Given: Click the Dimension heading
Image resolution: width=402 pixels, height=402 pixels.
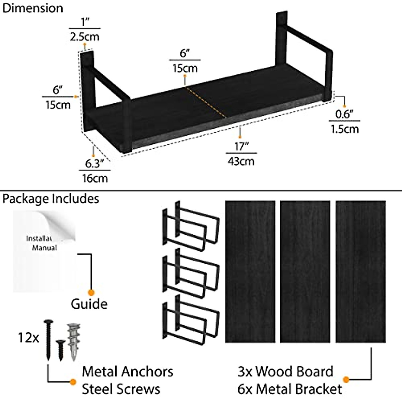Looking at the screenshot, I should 32,8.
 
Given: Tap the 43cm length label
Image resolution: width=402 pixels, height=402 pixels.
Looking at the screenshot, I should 241,161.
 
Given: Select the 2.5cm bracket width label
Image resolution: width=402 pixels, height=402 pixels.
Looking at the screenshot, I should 84,36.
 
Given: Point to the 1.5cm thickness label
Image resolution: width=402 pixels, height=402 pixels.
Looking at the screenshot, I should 345,129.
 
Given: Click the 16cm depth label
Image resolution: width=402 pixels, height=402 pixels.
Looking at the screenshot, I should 95,178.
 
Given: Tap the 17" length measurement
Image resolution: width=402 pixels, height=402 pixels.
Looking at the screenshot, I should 241,146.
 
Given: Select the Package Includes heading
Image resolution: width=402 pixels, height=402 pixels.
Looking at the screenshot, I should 51,199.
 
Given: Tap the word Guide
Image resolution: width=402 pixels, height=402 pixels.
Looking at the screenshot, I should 89,304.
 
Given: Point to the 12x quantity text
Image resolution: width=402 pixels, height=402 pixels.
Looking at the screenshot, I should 28,337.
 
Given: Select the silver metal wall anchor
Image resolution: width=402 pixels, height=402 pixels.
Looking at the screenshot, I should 74,341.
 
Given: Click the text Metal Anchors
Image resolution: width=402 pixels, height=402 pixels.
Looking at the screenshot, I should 127,372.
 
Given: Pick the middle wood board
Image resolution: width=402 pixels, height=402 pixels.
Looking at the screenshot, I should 305,271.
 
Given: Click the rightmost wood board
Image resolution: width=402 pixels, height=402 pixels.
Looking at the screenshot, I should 360,271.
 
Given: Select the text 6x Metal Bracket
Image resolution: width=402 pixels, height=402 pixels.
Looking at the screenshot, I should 290,389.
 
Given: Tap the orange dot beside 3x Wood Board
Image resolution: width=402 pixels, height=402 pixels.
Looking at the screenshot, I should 346,380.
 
